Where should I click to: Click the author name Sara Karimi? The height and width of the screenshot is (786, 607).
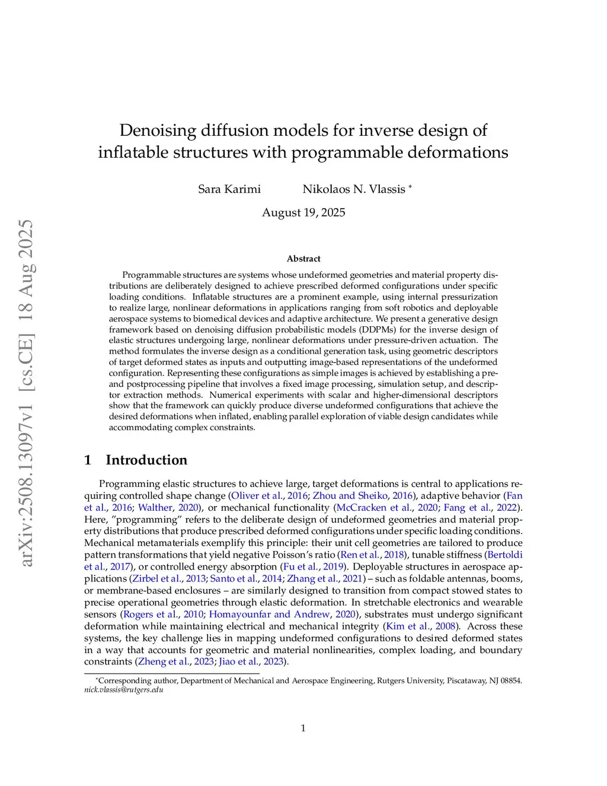click(x=229, y=189)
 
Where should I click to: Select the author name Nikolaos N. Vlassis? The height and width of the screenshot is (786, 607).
click(x=354, y=189)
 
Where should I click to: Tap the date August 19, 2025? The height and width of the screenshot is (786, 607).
click(x=303, y=212)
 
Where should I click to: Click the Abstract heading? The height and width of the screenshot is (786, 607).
click(x=303, y=259)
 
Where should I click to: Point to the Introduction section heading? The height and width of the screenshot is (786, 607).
click(x=146, y=460)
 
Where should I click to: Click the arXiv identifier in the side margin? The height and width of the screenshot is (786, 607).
click(x=26, y=393)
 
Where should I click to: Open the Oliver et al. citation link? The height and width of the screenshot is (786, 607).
click(x=257, y=496)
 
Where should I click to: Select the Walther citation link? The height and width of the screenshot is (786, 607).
click(x=155, y=508)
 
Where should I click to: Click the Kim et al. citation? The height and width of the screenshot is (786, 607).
click(x=408, y=626)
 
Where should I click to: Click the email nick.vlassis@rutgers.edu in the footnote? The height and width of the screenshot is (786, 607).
click(x=123, y=690)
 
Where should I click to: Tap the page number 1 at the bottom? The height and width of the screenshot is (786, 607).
click(x=303, y=728)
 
